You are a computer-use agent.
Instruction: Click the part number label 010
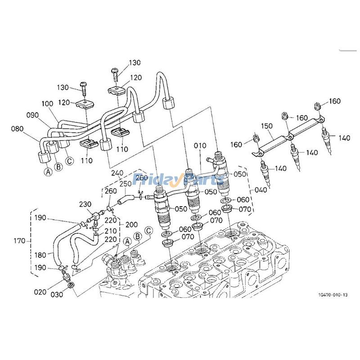point(200,145)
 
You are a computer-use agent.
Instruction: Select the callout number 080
point(17,129)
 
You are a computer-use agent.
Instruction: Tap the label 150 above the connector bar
point(267,126)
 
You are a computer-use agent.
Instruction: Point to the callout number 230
point(85,204)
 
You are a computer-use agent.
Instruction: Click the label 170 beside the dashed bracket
point(19,241)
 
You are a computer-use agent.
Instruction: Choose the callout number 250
point(126,184)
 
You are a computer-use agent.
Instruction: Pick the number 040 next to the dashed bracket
point(261,190)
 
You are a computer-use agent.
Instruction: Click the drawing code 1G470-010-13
point(333,295)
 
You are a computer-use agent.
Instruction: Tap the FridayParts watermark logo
point(178,179)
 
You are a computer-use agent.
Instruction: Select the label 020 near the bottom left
point(40,292)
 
